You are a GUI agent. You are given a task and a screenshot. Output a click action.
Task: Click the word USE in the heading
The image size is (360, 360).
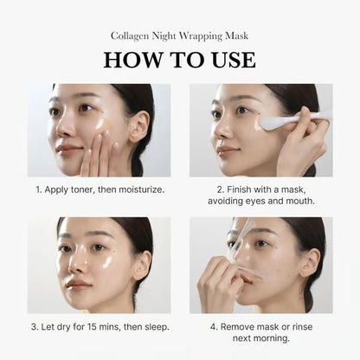click(229, 60)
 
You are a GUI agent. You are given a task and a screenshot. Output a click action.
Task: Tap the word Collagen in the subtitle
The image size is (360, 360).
click(131, 36)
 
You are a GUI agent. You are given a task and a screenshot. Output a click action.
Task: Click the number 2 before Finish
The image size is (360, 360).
click(220, 188)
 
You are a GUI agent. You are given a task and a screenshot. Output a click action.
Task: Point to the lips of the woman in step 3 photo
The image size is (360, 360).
click(79, 283)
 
